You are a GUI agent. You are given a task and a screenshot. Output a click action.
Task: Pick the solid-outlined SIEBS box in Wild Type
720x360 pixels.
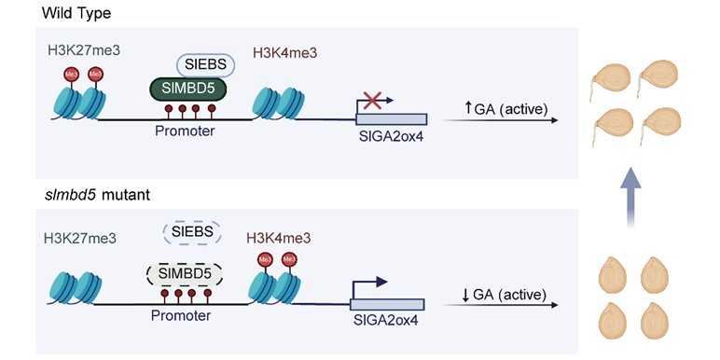[206, 65]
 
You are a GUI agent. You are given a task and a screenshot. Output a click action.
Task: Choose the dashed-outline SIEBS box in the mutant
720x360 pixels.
[192, 232]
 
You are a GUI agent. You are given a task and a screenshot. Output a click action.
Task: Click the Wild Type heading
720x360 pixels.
[76, 13]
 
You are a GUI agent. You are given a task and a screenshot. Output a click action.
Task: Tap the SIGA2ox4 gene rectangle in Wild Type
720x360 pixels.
[392, 119]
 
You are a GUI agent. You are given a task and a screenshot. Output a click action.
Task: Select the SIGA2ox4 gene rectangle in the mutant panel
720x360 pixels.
[387, 304]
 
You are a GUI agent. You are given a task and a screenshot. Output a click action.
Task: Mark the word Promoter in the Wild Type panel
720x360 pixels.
[185, 132]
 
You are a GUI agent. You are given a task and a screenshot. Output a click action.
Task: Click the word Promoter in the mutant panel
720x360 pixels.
[181, 316]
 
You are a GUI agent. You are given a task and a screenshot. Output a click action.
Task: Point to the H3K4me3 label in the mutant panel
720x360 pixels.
[279, 238]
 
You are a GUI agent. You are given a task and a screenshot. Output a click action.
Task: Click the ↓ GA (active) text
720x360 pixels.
[504, 294]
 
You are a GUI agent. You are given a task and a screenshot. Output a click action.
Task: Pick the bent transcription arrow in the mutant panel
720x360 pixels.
[367, 288]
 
